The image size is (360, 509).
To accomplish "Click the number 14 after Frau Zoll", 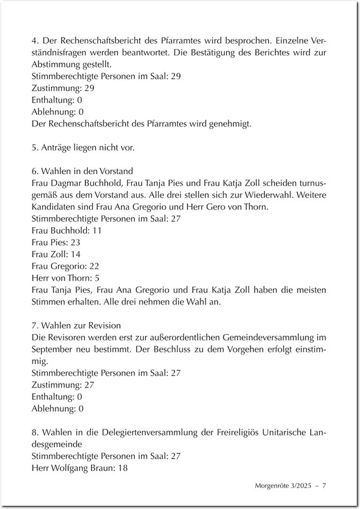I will click(75, 254).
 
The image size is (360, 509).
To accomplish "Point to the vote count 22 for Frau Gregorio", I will click(94, 266).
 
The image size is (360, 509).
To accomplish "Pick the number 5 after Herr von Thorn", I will click(97, 278).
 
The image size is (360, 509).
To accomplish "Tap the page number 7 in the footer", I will click(324, 486).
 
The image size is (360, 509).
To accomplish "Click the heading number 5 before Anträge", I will click(34, 148).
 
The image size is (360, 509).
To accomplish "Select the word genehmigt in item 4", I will click(233, 124).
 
